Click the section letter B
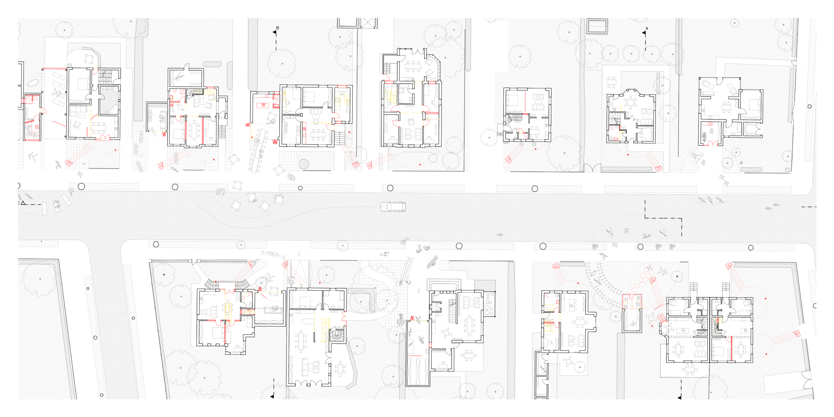point(278,28)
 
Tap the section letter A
point(647,29)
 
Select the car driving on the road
point(393,207)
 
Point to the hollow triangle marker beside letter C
point(23,203)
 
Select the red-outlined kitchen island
point(262,105)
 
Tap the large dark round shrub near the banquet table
point(304,164)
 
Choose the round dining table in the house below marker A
point(631,103)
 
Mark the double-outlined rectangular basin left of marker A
point(597,26)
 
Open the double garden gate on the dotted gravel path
point(592,168)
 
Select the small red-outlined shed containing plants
point(632,301)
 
